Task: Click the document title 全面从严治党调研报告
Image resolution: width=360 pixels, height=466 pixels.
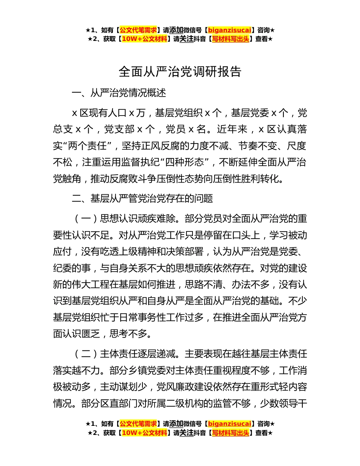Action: [180, 72]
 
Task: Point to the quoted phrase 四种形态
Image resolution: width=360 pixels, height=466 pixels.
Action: [191, 162]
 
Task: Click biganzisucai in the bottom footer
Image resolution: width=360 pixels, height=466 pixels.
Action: [230, 424]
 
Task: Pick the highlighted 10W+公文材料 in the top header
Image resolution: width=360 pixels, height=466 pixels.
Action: [145, 39]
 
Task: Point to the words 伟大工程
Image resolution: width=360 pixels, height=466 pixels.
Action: [100, 284]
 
